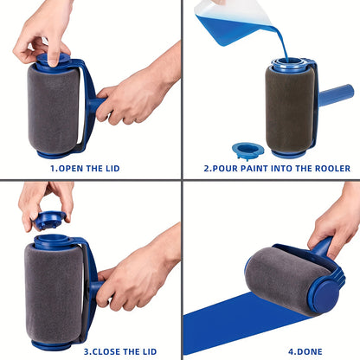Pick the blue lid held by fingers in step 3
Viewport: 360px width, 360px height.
pyautogui.click(x=50, y=220)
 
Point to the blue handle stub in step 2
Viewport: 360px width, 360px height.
pyautogui.click(x=336, y=93)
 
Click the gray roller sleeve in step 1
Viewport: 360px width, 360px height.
pyautogui.click(x=54, y=108)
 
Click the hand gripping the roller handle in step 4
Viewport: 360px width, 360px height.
pyautogui.click(x=336, y=223)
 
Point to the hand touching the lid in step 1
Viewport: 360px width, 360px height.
pyautogui.click(x=43, y=30)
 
